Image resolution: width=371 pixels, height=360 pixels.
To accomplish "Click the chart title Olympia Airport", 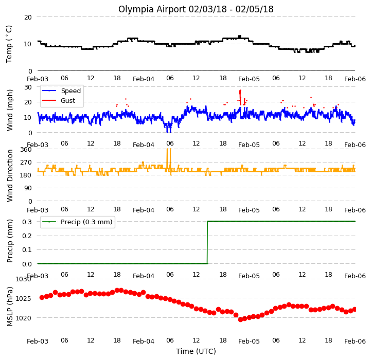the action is tap(196, 9).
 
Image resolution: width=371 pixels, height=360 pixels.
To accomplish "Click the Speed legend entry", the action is tap(61, 91).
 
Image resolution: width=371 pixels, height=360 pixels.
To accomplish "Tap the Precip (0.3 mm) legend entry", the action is tap(77, 222).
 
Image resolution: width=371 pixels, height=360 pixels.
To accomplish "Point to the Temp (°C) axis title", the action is tap(9, 44).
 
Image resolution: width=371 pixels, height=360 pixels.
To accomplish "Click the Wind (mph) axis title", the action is tap(10, 110).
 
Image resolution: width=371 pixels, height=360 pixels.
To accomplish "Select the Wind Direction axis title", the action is tap(10, 175).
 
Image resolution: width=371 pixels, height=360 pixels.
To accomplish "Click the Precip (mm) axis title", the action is tap(10, 241).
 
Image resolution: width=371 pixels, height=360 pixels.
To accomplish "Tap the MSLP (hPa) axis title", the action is tap(10, 307).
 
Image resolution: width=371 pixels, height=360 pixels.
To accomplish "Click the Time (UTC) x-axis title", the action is tap(196, 351).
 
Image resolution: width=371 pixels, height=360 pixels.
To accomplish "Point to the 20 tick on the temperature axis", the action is tap(28, 17).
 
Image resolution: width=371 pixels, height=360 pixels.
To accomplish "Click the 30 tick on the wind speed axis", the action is tap(28, 87).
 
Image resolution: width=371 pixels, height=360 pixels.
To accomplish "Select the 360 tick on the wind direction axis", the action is tap(26, 150).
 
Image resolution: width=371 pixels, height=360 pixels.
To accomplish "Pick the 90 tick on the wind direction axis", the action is tap(28, 188).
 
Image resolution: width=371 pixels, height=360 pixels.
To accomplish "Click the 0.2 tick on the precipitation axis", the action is tap(27, 236).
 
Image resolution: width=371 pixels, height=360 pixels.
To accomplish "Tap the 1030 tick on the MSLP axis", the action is tap(24, 279).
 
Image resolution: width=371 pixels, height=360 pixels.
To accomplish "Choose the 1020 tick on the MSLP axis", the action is tap(24, 318).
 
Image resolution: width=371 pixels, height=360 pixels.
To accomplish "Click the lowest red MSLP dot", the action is tap(240, 319).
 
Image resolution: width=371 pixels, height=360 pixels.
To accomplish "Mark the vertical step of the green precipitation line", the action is tap(207, 242).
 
